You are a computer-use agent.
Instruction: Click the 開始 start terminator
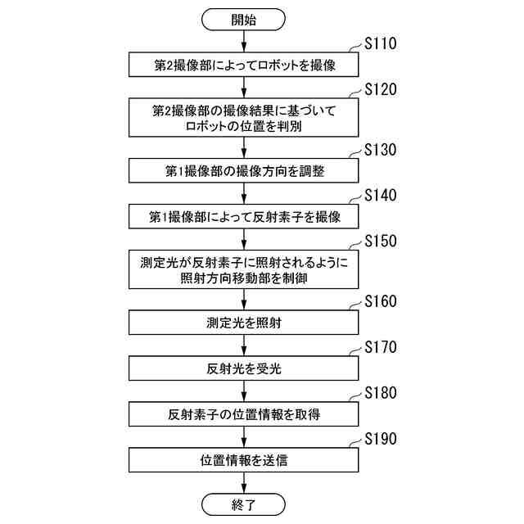coord(244,19)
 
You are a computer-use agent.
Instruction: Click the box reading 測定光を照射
coord(244,323)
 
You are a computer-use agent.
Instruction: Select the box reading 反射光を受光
coord(244,368)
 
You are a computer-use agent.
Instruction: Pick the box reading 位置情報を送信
coord(244,459)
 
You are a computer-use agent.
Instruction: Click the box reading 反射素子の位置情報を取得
coord(244,414)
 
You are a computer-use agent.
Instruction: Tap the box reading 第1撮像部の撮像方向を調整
coord(244,171)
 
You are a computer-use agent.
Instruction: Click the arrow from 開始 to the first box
coord(244,41)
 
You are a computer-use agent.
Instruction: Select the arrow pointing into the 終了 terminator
coord(244,481)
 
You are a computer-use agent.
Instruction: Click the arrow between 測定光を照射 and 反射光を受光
coord(244,346)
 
